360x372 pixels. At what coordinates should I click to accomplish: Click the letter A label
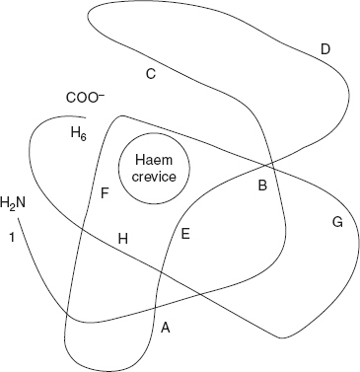click(165, 328)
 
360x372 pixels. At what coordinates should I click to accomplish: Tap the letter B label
click(262, 185)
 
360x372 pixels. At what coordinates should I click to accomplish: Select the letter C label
click(151, 74)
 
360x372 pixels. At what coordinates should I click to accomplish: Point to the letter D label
click(324, 49)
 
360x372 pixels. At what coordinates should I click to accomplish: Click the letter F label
click(105, 192)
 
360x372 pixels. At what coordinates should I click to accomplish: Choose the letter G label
click(336, 223)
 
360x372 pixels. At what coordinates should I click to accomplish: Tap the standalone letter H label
click(123, 239)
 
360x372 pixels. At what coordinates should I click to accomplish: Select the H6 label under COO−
click(78, 133)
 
